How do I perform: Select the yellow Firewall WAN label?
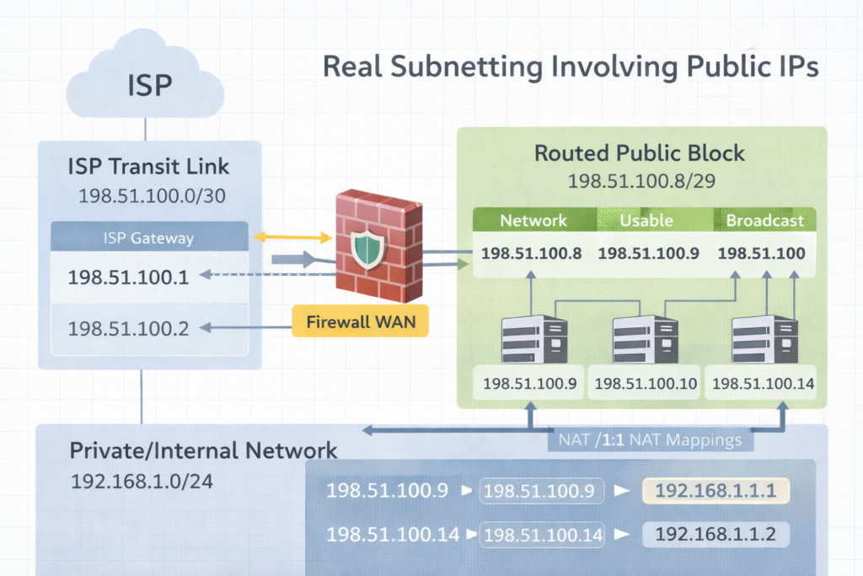coord(360,321)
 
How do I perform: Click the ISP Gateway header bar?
coord(150,238)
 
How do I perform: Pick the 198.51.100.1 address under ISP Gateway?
coord(127,277)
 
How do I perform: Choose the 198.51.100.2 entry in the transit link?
coord(127,328)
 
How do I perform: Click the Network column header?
coord(533,221)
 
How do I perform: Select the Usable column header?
coord(646,221)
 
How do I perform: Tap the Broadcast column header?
coord(765,221)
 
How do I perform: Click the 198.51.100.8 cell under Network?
coord(531,253)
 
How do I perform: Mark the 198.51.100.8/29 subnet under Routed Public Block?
coord(640,180)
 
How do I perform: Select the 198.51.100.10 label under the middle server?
coord(646,385)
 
